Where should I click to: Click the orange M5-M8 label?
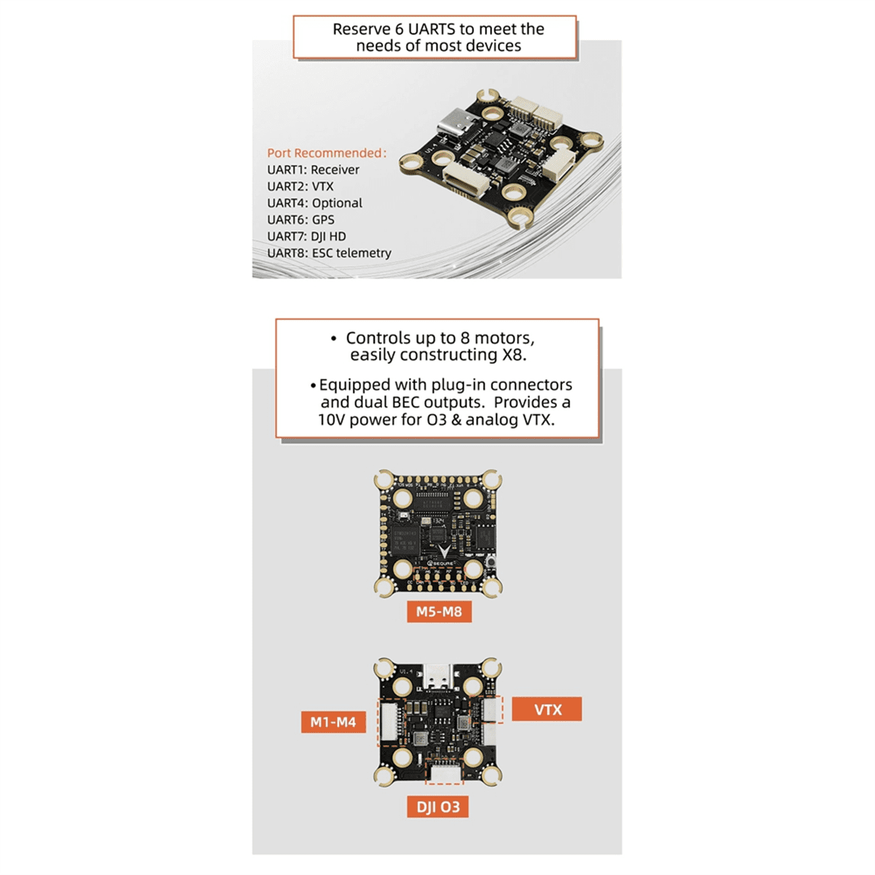point(439,611)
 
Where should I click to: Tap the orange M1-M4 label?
point(332,722)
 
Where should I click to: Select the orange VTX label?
point(547,709)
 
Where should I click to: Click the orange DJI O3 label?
point(437,806)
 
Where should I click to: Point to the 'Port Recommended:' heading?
point(327,153)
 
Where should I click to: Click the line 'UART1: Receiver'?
point(313,170)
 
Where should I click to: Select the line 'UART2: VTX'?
point(300,187)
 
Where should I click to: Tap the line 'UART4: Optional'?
point(314,203)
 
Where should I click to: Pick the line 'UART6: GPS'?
point(300,219)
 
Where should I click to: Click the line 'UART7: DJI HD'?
point(306,236)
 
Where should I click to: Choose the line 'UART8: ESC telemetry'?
point(329,253)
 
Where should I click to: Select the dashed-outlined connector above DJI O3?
point(443,773)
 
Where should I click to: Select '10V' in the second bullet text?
point(332,420)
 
